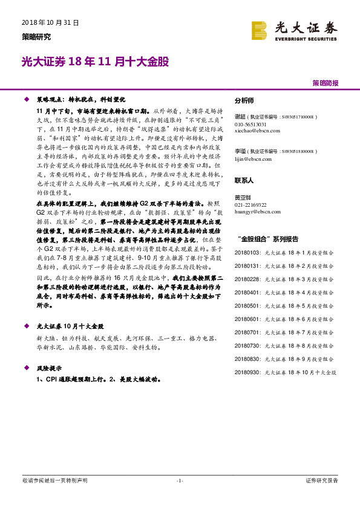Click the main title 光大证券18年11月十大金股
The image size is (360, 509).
tap(95, 62)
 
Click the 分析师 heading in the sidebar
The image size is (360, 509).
tap(244, 101)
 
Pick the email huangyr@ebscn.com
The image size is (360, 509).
tap(254, 212)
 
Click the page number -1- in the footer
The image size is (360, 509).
tap(180, 480)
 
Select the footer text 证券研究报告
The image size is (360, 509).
tap(322, 480)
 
